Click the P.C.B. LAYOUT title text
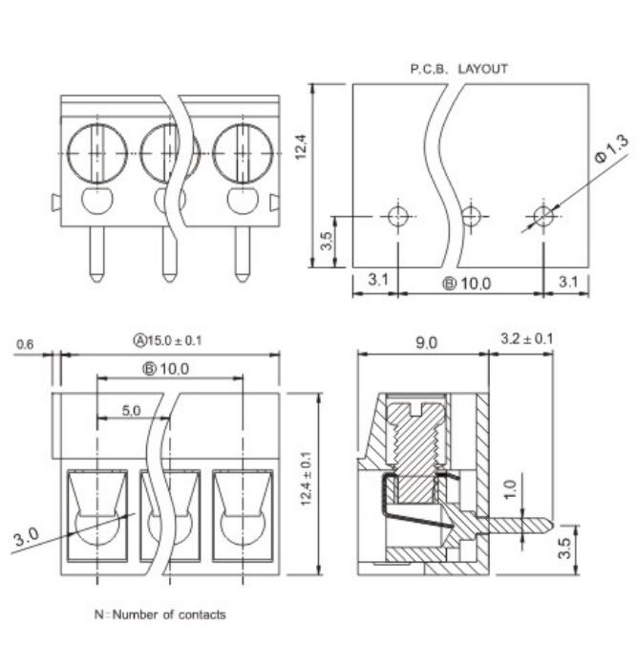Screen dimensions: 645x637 [458, 69]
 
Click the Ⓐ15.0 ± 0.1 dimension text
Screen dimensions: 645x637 [167, 340]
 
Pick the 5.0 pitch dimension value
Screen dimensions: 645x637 [131, 410]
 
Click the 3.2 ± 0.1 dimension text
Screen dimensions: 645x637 [526, 338]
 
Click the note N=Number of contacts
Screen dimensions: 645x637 [159, 614]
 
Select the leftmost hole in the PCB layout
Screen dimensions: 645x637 [397, 216]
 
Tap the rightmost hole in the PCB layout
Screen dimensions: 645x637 [543, 216]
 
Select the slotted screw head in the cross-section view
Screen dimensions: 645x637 [417, 412]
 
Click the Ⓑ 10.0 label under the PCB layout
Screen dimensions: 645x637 [465, 283]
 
